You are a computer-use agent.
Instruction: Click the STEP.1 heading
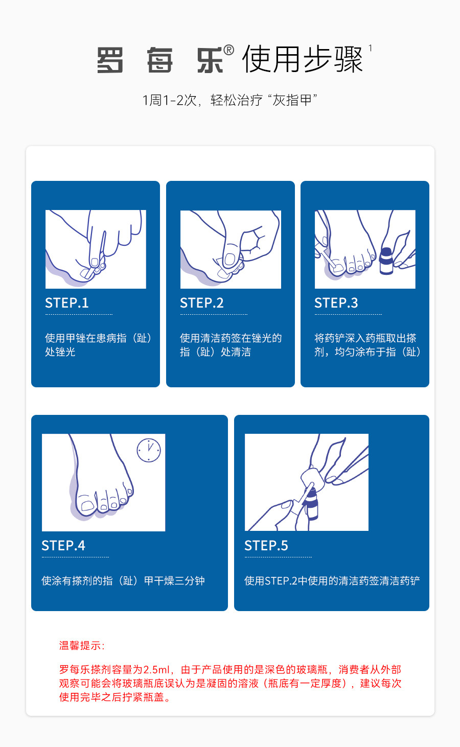tap(67, 303)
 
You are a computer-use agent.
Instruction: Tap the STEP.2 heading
tap(201, 303)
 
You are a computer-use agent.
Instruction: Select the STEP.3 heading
tap(336, 303)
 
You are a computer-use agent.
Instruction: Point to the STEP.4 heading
tap(63, 546)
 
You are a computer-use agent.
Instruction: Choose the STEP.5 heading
tap(266, 546)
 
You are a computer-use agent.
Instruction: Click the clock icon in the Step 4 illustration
tap(149, 450)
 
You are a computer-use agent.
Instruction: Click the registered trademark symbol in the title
tap(228, 50)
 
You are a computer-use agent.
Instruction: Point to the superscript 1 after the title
tap(370, 49)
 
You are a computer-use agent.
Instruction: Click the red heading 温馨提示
tap(82, 646)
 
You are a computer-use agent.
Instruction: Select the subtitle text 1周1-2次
tap(170, 100)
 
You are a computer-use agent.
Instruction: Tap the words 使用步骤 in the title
tap(302, 59)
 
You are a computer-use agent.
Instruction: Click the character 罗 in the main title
tap(110, 60)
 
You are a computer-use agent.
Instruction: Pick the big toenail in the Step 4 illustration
tap(87, 505)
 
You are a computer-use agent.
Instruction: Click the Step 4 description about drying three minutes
tap(123, 581)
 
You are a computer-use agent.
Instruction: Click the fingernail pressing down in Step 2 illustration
tap(229, 259)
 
